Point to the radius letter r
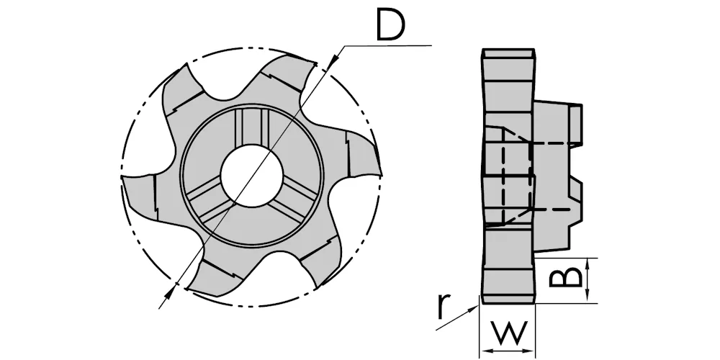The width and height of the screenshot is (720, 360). [442, 306]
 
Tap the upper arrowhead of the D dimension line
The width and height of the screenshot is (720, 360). [335, 58]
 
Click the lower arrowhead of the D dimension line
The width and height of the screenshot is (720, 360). [171, 291]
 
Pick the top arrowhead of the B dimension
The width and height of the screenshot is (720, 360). [588, 265]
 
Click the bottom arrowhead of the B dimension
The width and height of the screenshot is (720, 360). [588, 296]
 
